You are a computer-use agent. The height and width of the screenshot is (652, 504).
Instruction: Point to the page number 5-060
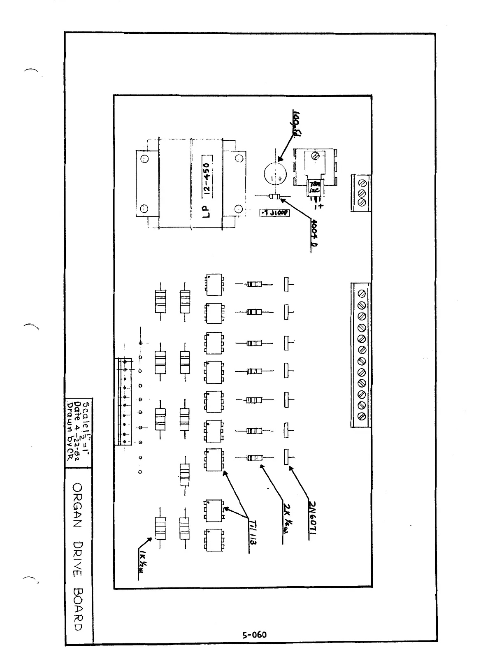254,634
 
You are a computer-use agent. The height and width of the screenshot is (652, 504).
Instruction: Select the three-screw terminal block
361,193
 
